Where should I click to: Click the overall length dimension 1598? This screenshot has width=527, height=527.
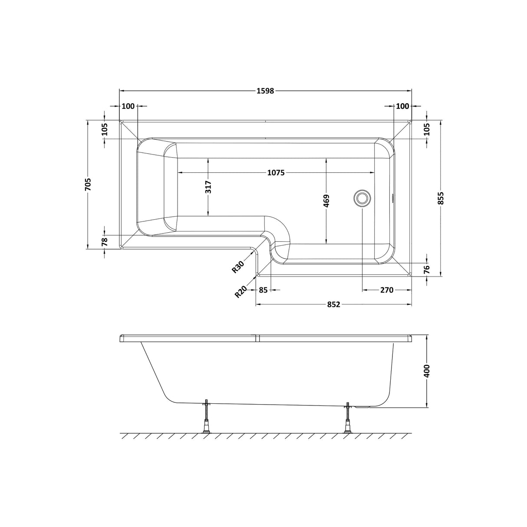point(265,91)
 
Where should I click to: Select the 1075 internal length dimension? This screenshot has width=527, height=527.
point(275,172)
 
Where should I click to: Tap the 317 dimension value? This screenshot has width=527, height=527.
point(209,187)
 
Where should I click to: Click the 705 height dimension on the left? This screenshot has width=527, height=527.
point(88,185)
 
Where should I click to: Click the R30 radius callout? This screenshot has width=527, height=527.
point(238,266)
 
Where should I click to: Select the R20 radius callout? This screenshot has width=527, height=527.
point(241,291)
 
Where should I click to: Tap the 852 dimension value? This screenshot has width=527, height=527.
point(333,305)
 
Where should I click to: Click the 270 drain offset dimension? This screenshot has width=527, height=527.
point(386,290)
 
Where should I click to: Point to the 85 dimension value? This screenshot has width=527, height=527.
point(263,290)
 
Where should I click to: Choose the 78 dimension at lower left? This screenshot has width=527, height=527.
point(105,242)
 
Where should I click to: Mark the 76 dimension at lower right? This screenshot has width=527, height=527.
point(426,269)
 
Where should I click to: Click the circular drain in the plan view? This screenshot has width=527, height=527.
point(362,198)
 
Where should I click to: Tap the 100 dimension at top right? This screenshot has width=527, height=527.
point(402,106)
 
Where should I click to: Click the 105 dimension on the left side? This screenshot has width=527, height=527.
point(105,129)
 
